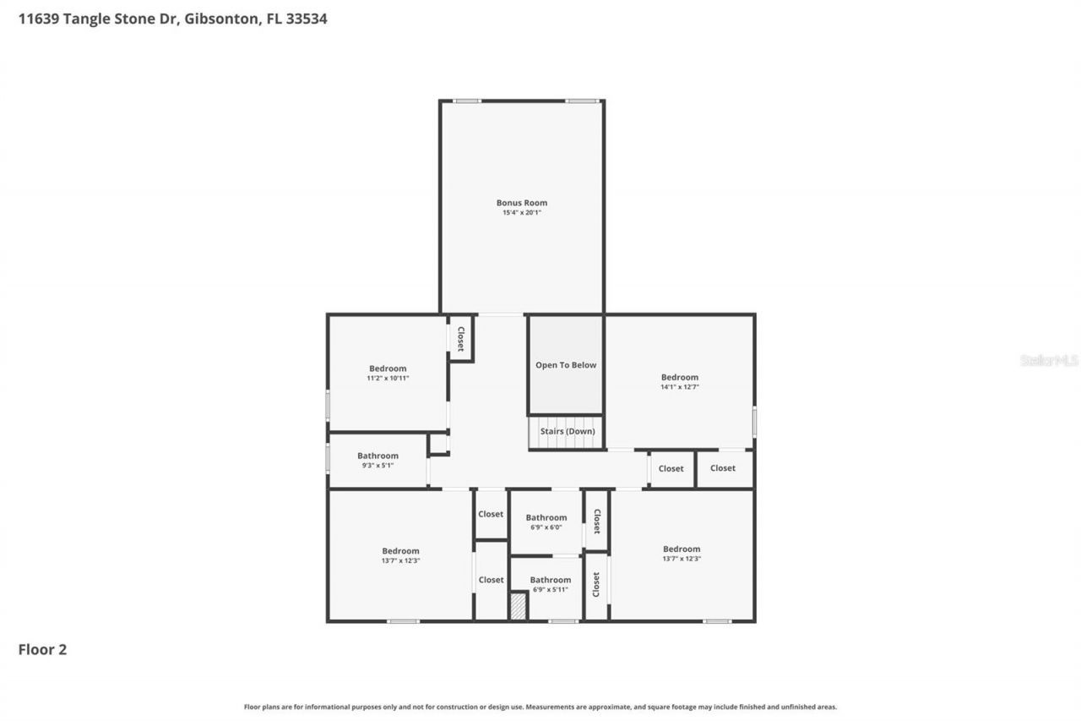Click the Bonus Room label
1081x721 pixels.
[521, 203]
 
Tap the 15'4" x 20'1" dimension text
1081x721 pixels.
[521, 213]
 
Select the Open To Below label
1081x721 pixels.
[566, 365]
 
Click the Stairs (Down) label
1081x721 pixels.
[568, 431]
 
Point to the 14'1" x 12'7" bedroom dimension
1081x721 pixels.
[680, 387]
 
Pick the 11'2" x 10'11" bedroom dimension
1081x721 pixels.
[388, 379]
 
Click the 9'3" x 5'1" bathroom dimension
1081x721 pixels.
[378, 466]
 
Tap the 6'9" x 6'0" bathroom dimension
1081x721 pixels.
[546, 527]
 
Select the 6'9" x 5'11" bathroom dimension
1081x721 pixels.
[551, 589]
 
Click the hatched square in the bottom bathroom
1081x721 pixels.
[519, 607]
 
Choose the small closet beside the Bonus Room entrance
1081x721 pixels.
[461, 338]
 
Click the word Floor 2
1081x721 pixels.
[42, 649]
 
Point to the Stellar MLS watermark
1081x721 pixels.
[1049, 360]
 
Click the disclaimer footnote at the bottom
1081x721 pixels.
[540, 707]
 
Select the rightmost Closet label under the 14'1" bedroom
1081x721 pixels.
[723, 468]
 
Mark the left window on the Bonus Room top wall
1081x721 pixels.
[467, 101]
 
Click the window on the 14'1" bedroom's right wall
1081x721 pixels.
[754, 422]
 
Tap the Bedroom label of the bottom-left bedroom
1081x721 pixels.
[400, 551]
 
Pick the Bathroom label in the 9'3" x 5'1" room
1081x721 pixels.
[378, 456]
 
